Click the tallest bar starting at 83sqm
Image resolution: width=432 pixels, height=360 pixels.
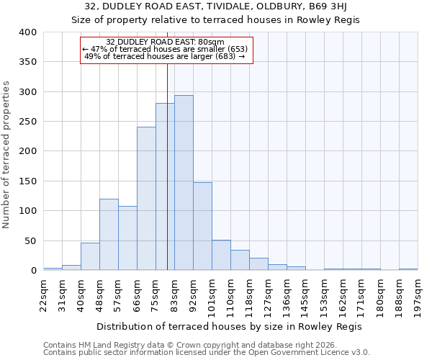[184, 183]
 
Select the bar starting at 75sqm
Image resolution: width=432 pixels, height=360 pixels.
[165, 187]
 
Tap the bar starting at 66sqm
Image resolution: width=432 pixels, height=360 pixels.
[146, 199]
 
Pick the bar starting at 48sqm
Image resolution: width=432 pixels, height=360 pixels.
[109, 235]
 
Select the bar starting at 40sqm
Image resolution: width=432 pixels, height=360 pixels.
[90, 256]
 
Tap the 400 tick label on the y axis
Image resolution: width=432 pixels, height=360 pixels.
[27, 32]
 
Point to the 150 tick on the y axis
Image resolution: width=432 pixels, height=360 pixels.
[27, 181]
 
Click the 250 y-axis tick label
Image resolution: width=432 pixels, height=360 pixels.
[27, 122]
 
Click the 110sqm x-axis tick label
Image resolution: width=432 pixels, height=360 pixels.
[231, 295]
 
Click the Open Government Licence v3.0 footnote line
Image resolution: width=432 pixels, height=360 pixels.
[207, 352]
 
